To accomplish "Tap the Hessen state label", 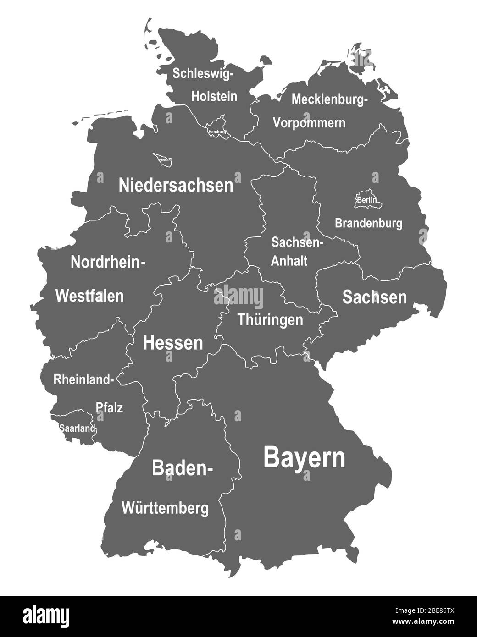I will (x=173, y=342).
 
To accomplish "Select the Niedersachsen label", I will (x=176, y=185).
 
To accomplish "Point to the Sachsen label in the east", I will (x=374, y=297).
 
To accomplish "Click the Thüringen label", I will (x=270, y=319).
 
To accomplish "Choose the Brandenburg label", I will (x=368, y=223).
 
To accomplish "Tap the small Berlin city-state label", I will (x=367, y=200).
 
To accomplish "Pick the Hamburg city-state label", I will (x=217, y=132).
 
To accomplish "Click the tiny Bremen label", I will (x=165, y=160).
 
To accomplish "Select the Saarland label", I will (x=77, y=428).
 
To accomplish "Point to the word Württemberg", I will (x=165, y=508).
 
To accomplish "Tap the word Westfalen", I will (x=89, y=296).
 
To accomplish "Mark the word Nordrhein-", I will (x=108, y=262).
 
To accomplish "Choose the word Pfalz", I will (x=109, y=407).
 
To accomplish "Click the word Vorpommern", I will (x=309, y=123).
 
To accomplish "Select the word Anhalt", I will (x=289, y=261).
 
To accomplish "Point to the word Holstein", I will (x=214, y=96).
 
